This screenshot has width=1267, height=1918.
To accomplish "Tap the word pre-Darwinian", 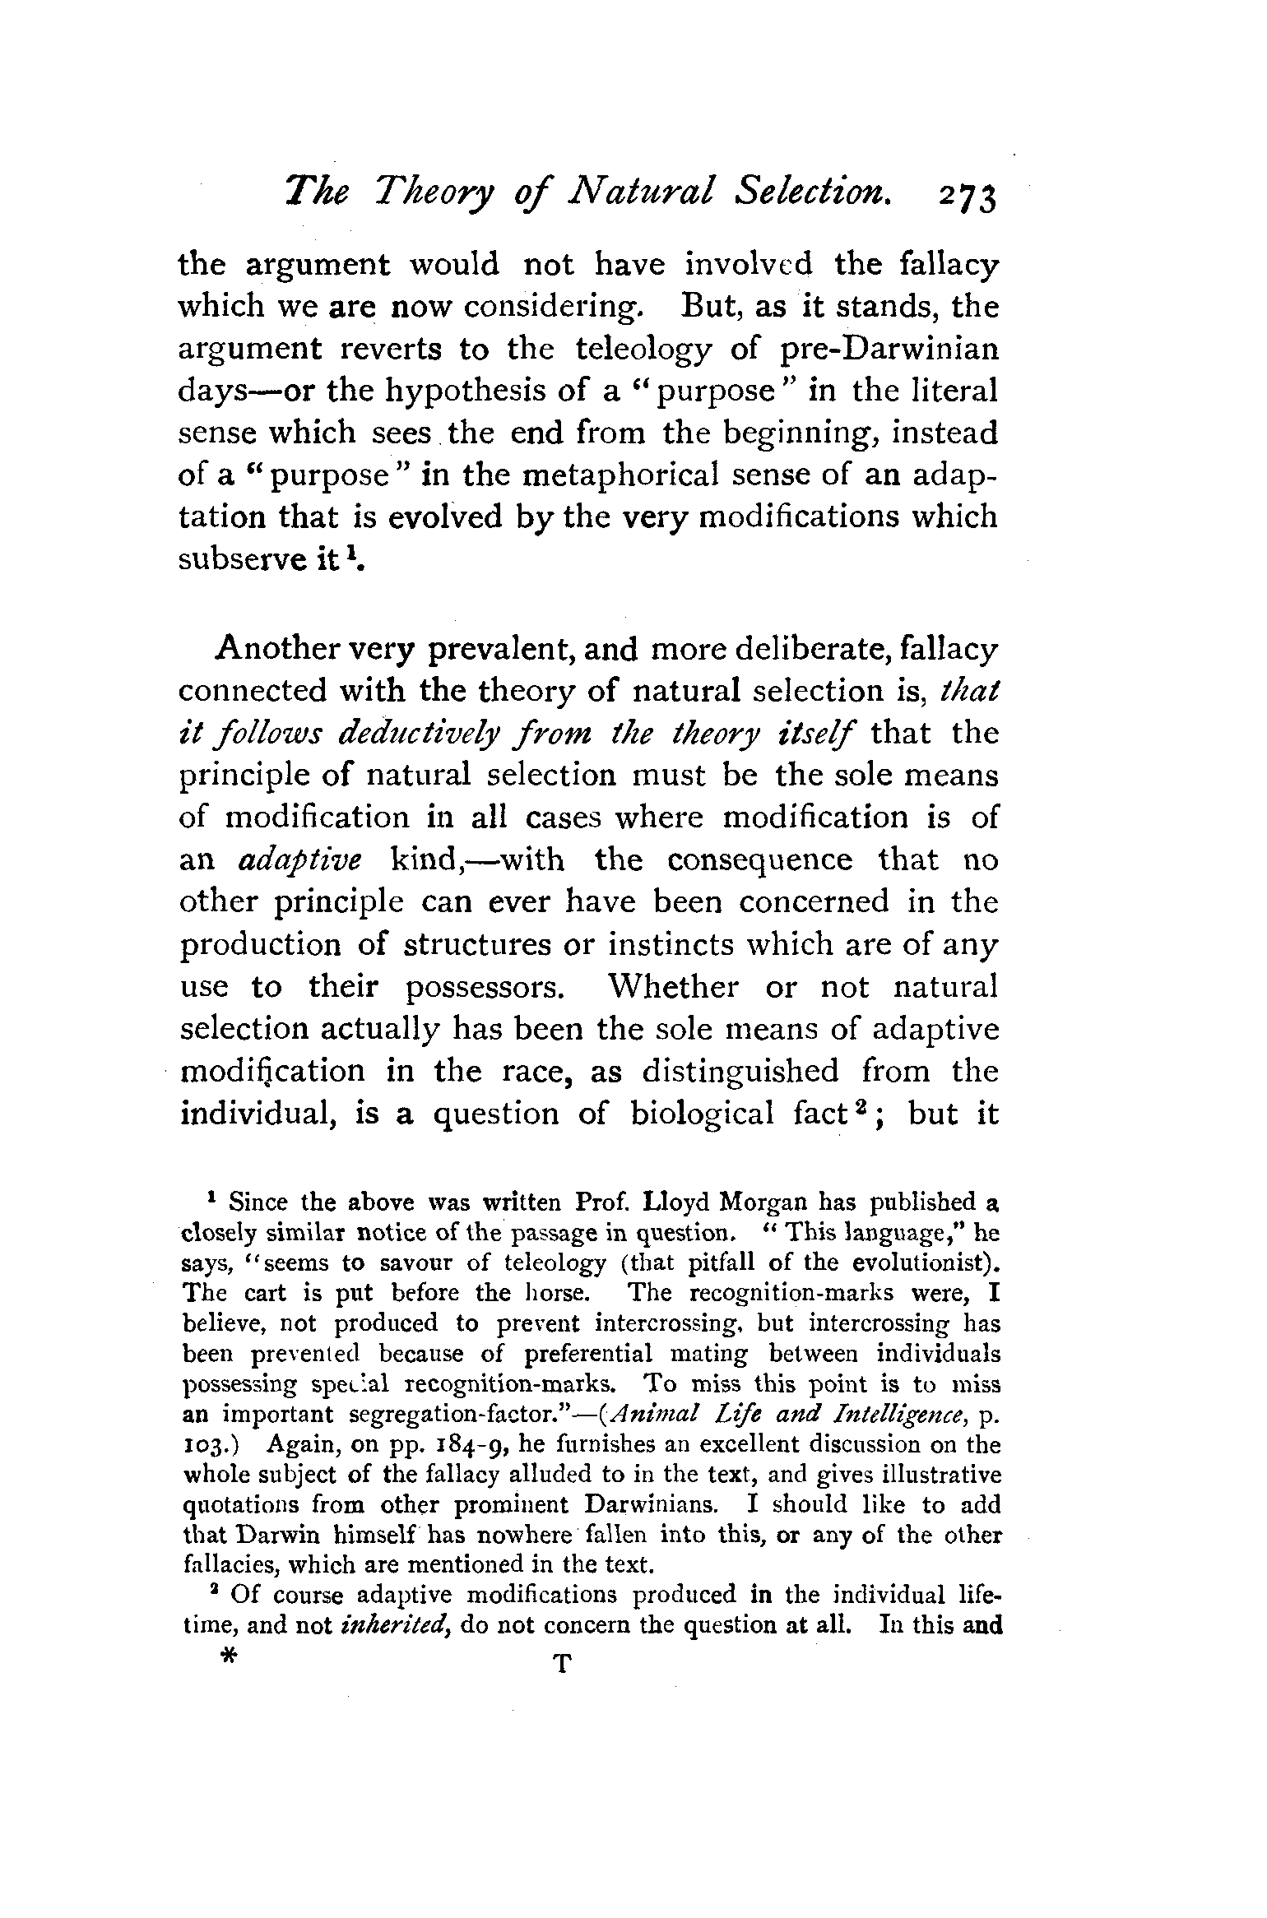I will click(889, 349).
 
